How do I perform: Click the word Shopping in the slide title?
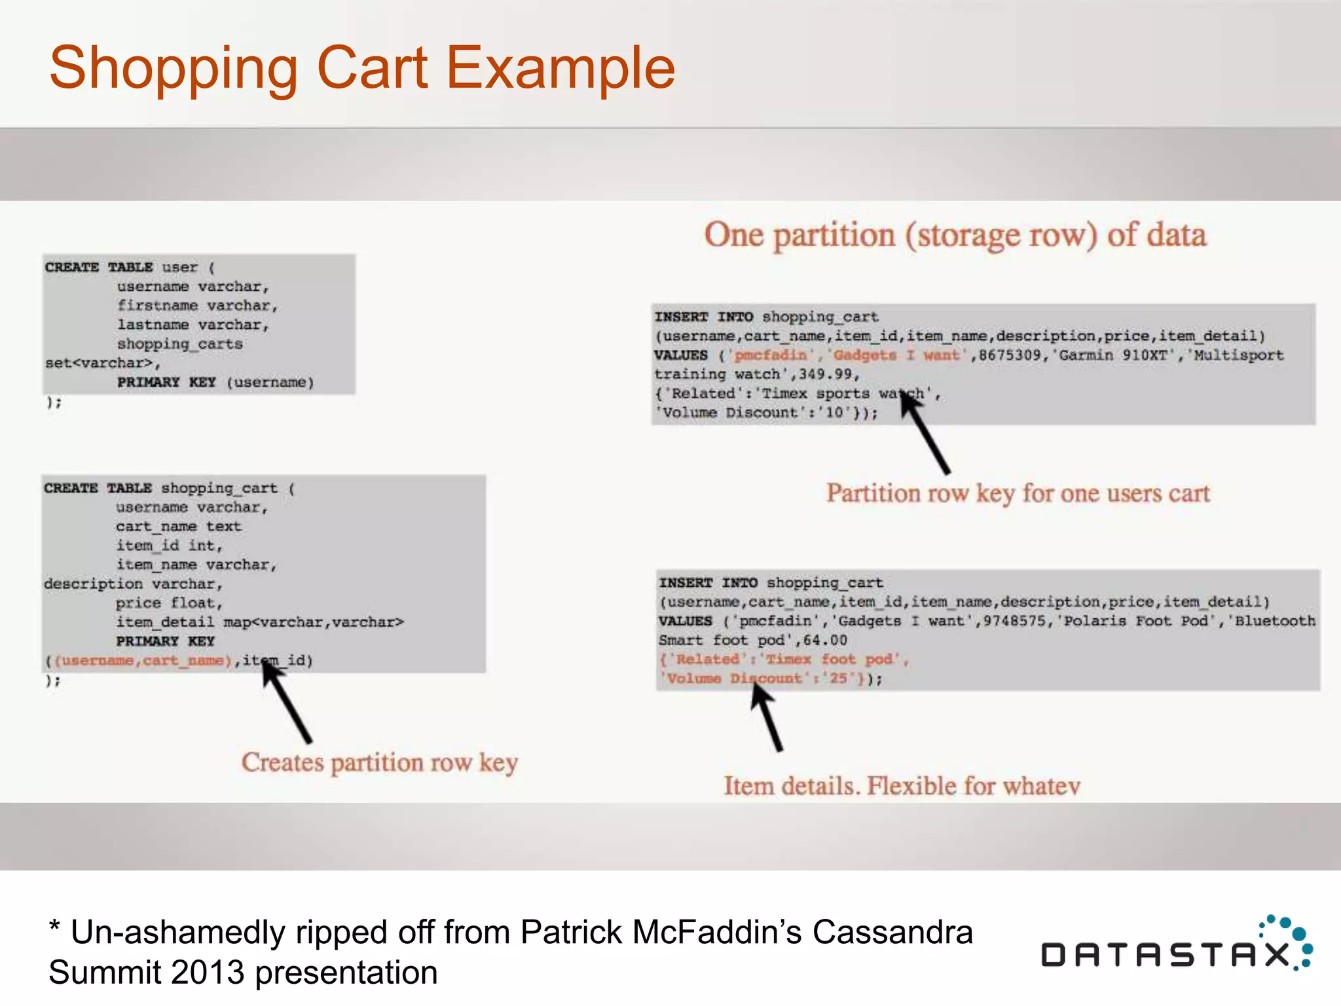click(x=174, y=69)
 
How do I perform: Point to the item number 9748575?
click(x=1014, y=621)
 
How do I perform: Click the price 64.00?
click(x=825, y=640)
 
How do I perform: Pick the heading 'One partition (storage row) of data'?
click(x=955, y=234)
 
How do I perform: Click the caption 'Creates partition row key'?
click(x=379, y=763)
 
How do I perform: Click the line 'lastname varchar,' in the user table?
click(x=193, y=325)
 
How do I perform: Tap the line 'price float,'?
click(x=169, y=603)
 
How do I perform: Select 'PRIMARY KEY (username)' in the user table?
click(x=215, y=382)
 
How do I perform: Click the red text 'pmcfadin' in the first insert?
click(x=770, y=355)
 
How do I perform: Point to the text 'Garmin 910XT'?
click(x=1113, y=355)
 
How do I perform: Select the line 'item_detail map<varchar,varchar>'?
click(x=260, y=622)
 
